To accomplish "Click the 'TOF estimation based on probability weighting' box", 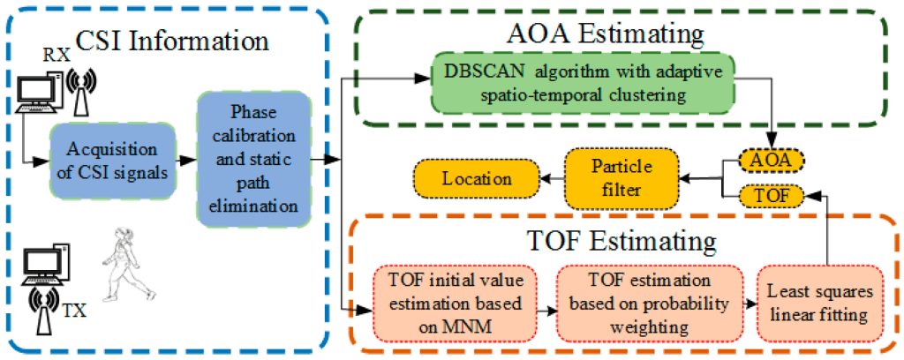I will pyautogui.click(x=651, y=302).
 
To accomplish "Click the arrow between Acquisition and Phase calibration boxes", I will pyautogui.click(x=185, y=161).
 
